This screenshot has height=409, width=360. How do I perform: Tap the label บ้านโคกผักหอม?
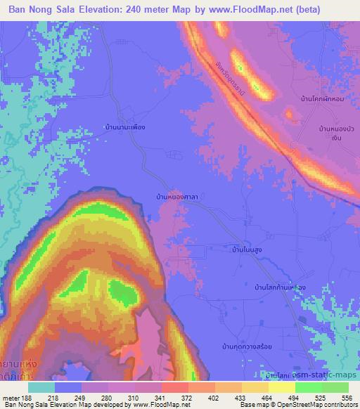coord(320,99)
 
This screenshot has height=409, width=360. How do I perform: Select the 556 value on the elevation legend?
coord(345,397)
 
